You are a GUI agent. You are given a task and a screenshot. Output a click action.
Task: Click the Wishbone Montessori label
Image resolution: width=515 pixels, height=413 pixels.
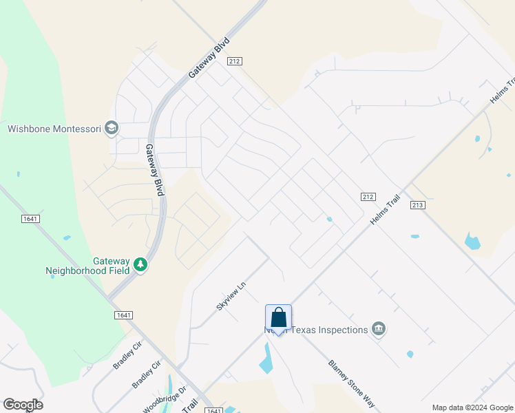coord(54,129)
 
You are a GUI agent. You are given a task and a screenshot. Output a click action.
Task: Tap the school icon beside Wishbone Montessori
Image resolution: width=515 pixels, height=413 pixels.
coord(112,128)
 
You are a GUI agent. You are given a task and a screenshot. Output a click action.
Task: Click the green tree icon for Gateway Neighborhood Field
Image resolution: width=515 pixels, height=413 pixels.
coord(141,264)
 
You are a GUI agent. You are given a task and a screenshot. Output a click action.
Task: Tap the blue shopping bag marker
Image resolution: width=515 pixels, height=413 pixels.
coord(278,318)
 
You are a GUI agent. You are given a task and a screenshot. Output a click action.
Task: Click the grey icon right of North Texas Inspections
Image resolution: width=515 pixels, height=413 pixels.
coord(378,330)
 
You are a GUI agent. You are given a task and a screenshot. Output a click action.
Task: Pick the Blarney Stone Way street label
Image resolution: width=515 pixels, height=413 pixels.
coord(351,385)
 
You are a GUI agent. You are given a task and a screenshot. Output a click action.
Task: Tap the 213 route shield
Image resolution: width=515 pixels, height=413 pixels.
coord(417,205)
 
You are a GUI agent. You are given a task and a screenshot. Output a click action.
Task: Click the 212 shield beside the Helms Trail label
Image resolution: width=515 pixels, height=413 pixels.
coord(368,197)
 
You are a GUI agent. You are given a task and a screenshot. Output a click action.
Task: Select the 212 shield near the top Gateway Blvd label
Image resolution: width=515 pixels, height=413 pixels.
coord(235,61)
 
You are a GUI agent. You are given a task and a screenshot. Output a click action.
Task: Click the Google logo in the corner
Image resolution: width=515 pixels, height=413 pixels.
coord(23,405)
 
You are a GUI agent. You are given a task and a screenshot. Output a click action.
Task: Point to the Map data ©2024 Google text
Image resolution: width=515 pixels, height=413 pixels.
coord(472,407)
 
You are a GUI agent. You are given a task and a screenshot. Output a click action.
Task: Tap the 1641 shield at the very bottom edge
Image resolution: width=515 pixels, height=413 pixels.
coord(213,411)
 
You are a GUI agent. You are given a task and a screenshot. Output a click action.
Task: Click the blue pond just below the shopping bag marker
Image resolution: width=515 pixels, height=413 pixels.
coord(267,359)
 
